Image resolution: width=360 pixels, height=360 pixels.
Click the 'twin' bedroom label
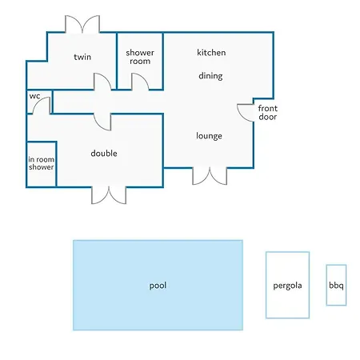click(x=82, y=57)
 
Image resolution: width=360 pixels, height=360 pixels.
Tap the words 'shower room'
click(x=140, y=57)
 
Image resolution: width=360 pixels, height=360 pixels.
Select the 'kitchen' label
click(x=211, y=52)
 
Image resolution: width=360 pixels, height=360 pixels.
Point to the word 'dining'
click(x=210, y=76)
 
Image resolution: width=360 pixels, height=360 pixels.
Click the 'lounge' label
click(x=209, y=136)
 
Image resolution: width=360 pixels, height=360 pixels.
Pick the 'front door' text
click(x=268, y=113)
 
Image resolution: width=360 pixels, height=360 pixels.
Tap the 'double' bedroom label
click(x=104, y=154)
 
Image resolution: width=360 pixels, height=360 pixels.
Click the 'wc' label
click(x=34, y=96)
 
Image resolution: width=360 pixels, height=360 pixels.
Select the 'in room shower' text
click(x=42, y=163)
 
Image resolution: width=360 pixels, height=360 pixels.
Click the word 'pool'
click(x=158, y=286)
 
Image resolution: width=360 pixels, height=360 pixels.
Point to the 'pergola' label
click(x=287, y=286)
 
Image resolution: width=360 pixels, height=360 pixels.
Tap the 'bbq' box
click(x=336, y=285)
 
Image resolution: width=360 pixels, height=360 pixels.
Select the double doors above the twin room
click(x=82, y=24)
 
